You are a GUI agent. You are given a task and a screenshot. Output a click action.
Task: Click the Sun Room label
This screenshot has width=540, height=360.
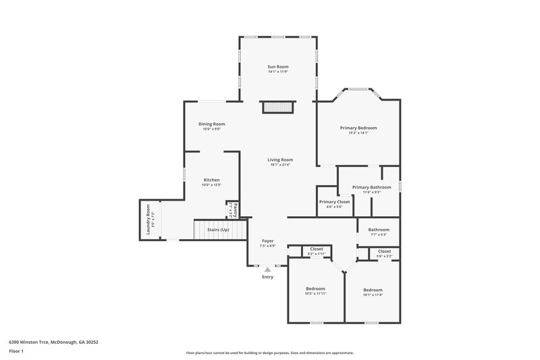pyautogui.click(x=278, y=67)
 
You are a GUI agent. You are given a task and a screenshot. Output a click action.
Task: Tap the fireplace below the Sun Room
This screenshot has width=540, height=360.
pyautogui.click(x=278, y=107)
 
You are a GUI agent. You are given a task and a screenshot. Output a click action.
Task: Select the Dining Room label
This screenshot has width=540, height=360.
pyautogui.click(x=211, y=124)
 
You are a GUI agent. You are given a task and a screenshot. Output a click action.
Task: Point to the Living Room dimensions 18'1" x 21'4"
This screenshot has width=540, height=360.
pyautogui.click(x=280, y=164)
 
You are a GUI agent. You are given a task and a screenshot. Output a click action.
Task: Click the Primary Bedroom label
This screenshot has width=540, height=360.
pyautogui.click(x=358, y=128)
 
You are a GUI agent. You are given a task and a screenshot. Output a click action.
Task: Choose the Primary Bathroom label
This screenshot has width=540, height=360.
pyautogui.click(x=372, y=187)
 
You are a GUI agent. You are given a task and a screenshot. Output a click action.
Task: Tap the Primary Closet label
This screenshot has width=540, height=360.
pyautogui.click(x=334, y=201)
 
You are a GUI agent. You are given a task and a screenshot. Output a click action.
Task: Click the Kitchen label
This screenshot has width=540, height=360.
pyautogui.click(x=212, y=180)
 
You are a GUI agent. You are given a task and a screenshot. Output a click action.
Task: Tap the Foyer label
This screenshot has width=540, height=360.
pyautogui.click(x=268, y=240)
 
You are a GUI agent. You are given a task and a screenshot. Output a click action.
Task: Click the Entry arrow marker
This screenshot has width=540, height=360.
pyautogui.click(x=268, y=269)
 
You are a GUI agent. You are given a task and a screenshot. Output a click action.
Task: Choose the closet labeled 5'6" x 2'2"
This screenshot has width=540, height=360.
pyautogui.click(x=384, y=253)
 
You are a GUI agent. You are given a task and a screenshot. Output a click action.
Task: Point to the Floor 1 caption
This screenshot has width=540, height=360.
pyautogui.click(x=16, y=351)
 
